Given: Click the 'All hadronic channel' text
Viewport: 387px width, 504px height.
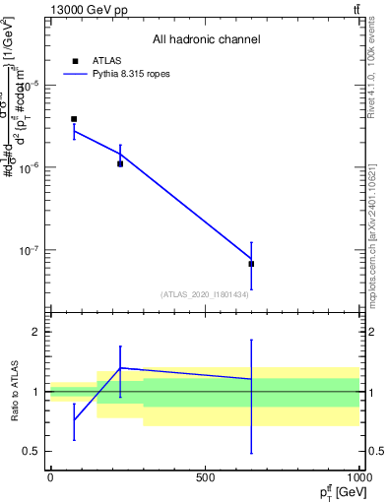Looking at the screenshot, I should click(206, 39).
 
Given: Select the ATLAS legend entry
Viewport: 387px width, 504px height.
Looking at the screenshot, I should click(106, 61).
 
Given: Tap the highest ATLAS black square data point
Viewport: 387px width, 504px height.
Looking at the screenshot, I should click(74, 119).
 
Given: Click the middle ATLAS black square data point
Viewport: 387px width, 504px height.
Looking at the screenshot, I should click(120, 163).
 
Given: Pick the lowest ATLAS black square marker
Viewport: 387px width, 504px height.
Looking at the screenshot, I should click(251, 264).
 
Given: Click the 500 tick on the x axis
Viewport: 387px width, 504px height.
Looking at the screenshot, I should click(205, 477).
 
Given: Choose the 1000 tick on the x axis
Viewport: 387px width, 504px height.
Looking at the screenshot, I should click(357, 477).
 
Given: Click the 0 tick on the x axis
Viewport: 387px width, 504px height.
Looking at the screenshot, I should click(50, 477).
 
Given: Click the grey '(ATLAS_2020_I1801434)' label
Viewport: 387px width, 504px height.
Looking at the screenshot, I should click(205, 294).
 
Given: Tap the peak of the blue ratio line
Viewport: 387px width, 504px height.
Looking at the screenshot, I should click(120, 367).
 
